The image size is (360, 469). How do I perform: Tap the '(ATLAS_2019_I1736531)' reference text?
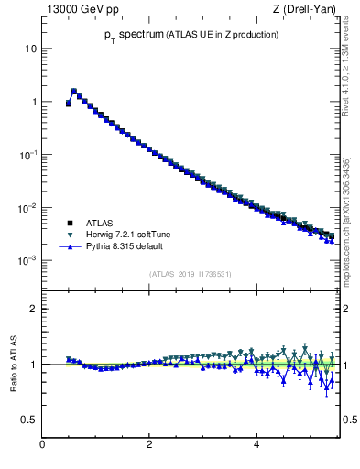coord(190,274)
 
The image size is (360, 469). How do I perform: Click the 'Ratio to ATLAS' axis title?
coord(15,364)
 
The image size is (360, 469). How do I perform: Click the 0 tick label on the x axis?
coord(42,445)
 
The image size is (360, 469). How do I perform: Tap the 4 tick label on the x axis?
coord(256,445)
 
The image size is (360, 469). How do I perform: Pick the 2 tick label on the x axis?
coord(149,445)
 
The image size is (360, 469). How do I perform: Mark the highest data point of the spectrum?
coord(74,91)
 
